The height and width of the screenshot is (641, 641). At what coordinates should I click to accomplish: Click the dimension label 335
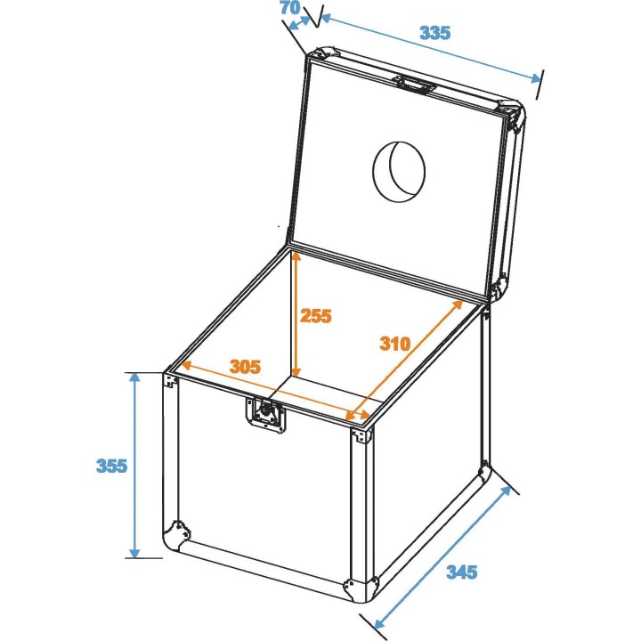pyautogui.click(x=435, y=33)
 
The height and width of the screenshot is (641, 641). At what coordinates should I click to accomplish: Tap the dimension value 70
pyautogui.click(x=289, y=9)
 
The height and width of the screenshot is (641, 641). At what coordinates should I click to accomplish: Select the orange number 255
pyautogui.click(x=315, y=314)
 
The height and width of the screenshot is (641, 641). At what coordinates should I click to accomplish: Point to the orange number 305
pyautogui.click(x=245, y=366)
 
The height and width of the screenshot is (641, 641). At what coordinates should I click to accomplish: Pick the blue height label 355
pyautogui.click(x=112, y=466)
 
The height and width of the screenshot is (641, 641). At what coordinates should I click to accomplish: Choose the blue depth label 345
pyautogui.click(x=461, y=572)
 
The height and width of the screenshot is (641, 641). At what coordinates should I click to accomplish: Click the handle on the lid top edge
pyautogui.click(x=415, y=85)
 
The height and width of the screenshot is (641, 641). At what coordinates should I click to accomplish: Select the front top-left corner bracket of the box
pyautogui.click(x=169, y=380)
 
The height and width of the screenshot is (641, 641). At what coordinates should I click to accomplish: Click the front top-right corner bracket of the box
pyautogui.click(x=361, y=436)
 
